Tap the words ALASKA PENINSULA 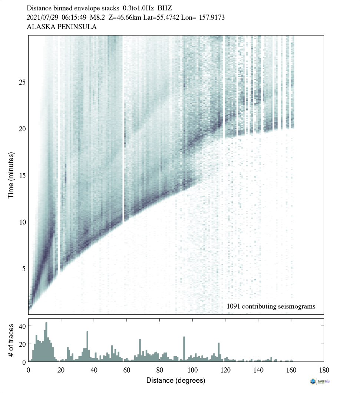point(62,27)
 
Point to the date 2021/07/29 point(42,17)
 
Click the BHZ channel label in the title point(165,8)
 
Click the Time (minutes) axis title point(11,174)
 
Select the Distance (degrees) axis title point(176,380)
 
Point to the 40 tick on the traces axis point(22,326)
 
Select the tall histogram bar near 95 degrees point(184,349)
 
